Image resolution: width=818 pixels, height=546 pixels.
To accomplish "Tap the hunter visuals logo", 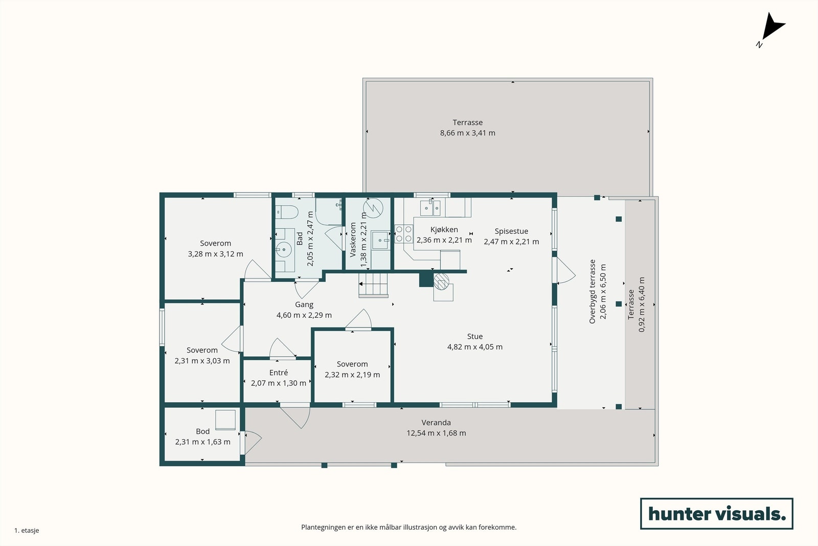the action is pos(716,513).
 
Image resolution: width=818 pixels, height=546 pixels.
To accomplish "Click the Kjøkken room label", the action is pos(444,230).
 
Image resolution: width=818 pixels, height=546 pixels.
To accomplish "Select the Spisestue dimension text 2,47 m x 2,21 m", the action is pos(511,242).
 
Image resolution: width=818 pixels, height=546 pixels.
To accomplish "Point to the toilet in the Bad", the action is pos(286,212).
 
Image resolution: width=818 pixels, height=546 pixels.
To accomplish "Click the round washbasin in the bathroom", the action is pos(283,250).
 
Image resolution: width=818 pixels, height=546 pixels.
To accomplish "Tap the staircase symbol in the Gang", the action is pos(373,285).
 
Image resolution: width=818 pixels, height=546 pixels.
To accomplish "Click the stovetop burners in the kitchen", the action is pos(403,234).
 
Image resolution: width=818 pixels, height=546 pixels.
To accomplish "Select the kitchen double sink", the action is pos(430,208).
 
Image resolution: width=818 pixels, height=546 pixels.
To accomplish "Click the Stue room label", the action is pos(475,336).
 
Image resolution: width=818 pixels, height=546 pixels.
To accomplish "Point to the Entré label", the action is pos(279,373).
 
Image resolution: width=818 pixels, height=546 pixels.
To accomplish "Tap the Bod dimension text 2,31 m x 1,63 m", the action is pos(202,442).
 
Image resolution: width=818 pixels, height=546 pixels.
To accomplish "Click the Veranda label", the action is pos(436,423).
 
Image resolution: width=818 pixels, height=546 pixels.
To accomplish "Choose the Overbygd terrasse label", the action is pos(593,292).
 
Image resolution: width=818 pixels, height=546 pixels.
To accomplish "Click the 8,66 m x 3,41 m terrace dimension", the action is pos(467,133).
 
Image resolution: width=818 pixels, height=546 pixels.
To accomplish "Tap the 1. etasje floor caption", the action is pos(27,530).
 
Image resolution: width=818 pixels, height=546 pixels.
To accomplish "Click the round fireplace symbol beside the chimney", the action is pos(441,281).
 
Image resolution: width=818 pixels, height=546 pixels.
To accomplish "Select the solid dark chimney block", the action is pos(426,280).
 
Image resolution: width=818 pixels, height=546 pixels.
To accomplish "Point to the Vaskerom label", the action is pos(353,240).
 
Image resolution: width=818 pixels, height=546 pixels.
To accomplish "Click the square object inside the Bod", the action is pos(225,420).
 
